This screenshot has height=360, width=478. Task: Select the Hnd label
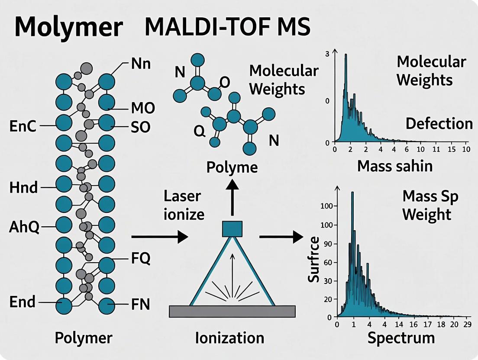[23, 188]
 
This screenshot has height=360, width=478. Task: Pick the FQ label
[140, 259]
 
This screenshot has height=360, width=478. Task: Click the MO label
[143, 108]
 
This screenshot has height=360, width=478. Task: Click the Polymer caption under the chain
[84, 338]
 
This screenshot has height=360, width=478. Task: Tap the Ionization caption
[229, 337]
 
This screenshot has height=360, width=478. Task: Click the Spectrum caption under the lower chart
[401, 338]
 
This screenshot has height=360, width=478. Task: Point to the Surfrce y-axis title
[314, 260]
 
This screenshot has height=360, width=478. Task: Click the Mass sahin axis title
[395, 166]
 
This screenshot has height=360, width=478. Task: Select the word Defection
[439, 124]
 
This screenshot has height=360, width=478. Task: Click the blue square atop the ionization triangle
[233, 228]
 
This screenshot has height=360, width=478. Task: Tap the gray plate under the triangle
[232, 311]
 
